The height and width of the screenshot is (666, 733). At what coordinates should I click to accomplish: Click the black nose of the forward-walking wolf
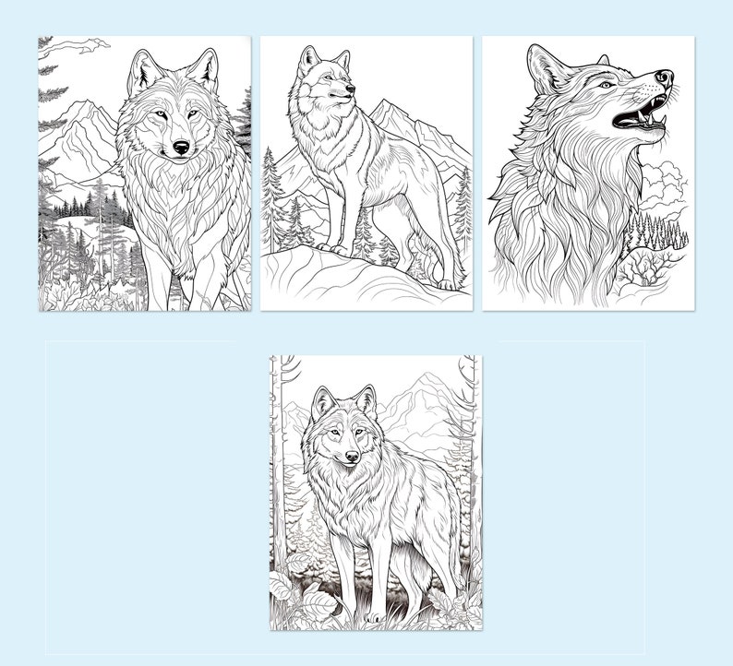coord(181,147)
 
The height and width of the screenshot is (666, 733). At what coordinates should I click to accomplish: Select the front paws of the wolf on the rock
coord(333,248)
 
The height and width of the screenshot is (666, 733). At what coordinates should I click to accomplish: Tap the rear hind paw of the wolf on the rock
coord(447,283)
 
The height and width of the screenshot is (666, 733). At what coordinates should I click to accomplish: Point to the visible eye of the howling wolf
coord(605,85)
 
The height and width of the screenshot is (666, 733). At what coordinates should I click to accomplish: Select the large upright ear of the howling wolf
coord(546,66)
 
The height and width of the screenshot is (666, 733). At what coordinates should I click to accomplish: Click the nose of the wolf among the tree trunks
coord(352,456)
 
